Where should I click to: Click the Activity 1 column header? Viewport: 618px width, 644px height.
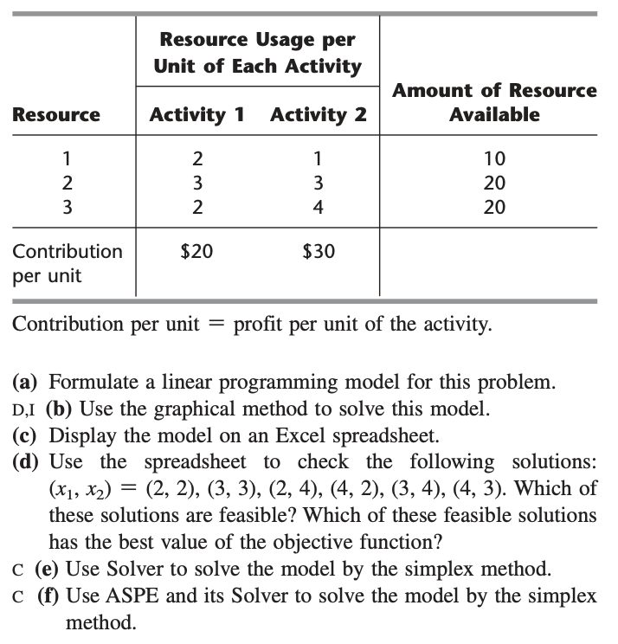197,114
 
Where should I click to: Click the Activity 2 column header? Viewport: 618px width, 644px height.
319,114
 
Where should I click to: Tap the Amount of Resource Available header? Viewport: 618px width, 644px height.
494,102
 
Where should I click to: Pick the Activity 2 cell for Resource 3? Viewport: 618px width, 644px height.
319,207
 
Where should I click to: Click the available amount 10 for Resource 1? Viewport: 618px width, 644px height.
495,158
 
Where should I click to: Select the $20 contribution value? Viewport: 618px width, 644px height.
196,252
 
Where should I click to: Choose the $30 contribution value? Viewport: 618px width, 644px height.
319,252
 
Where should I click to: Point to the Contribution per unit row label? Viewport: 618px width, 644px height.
68,263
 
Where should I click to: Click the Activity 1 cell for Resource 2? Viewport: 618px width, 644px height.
197,183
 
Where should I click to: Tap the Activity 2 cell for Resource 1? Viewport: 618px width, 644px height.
319,158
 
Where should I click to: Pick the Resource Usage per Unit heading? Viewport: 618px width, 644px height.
257,54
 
